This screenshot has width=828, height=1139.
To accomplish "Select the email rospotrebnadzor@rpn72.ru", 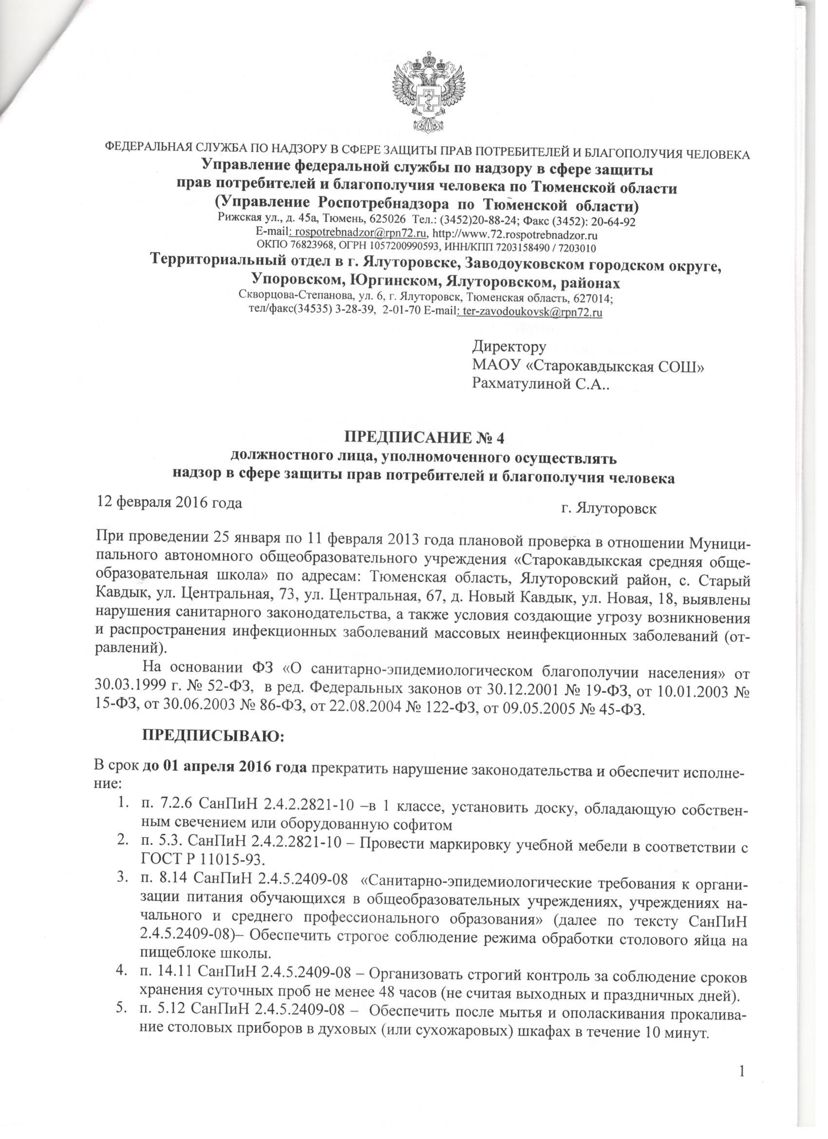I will point(360,234).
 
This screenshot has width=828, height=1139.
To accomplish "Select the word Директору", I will point(508,347).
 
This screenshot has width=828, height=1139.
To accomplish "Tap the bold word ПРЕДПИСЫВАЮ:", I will point(214,738).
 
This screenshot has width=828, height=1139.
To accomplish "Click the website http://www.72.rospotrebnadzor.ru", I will point(515,234).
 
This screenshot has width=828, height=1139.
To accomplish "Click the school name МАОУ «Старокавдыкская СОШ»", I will point(588,366).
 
